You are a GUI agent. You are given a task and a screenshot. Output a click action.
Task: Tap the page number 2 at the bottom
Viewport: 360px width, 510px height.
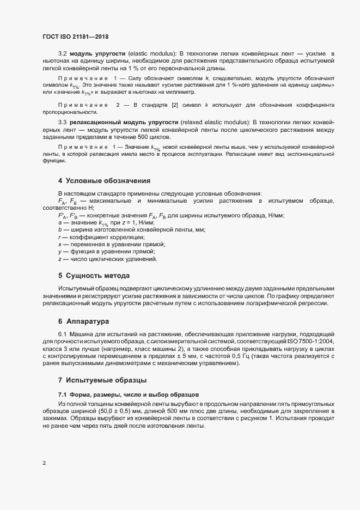pos(44,463)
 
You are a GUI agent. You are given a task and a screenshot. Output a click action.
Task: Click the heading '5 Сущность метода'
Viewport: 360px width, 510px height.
pos(94,275)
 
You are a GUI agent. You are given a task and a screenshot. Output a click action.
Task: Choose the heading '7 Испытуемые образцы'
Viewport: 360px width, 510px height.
pos(103,379)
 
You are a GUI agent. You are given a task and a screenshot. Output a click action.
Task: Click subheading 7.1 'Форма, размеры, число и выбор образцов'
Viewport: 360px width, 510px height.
pos(129,394)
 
